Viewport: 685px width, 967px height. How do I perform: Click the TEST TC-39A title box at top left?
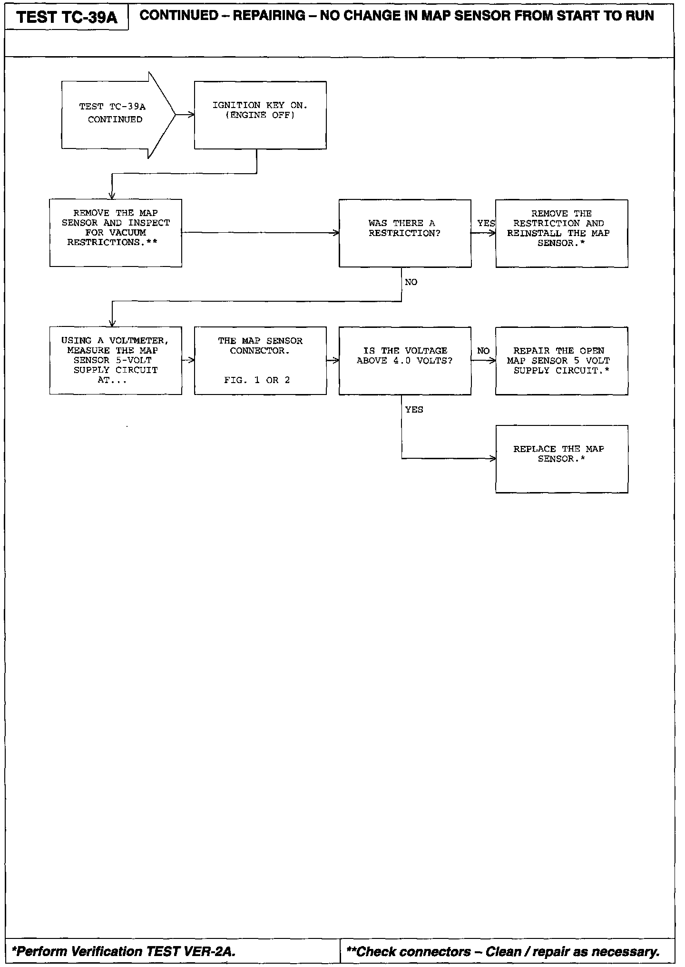click(67, 18)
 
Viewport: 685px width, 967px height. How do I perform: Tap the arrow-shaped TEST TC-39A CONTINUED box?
click(115, 114)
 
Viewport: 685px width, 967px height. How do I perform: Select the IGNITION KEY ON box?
click(260, 115)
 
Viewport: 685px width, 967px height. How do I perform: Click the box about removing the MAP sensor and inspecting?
click(116, 233)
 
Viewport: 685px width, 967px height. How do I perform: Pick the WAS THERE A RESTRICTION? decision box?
click(405, 233)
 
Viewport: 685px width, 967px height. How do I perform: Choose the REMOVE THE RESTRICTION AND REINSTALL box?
click(561, 233)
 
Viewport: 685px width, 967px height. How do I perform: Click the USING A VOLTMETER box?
click(116, 360)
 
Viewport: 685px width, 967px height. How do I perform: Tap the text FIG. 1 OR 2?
click(257, 380)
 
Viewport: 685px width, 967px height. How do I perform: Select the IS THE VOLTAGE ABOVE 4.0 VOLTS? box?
click(405, 360)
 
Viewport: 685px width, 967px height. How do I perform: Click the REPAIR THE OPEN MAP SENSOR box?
click(561, 360)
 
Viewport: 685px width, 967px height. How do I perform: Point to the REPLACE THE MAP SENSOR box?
click(561, 459)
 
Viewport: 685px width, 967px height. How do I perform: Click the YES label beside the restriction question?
click(486, 223)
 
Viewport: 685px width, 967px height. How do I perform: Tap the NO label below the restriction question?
click(411, 282)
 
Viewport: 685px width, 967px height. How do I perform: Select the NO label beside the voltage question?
click(483, 351)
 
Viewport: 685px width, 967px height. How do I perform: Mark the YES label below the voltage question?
click(414, 410)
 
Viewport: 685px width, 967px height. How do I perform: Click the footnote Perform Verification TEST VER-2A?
click(124, 951)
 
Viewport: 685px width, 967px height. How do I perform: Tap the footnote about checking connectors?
click(503, 951)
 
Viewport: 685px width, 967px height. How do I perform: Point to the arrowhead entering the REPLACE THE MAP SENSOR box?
click(493, 459)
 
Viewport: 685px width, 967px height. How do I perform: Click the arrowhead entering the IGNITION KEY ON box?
click(192, 115)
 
